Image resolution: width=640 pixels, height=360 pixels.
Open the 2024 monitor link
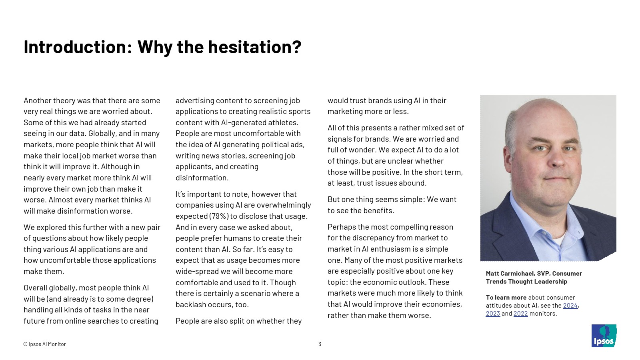[570, 306]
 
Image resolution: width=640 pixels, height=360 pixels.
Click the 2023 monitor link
[493, 314]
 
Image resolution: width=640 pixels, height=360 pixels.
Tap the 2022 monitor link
[520, 314]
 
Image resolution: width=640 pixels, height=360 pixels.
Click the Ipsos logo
[604, 336]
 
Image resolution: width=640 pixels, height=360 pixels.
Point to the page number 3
[320, 344]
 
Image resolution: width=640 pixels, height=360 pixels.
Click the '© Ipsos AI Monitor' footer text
[44, 344]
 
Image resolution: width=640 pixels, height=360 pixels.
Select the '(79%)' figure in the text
[219, 216]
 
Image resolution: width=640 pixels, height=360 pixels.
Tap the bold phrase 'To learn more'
[506, 298]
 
